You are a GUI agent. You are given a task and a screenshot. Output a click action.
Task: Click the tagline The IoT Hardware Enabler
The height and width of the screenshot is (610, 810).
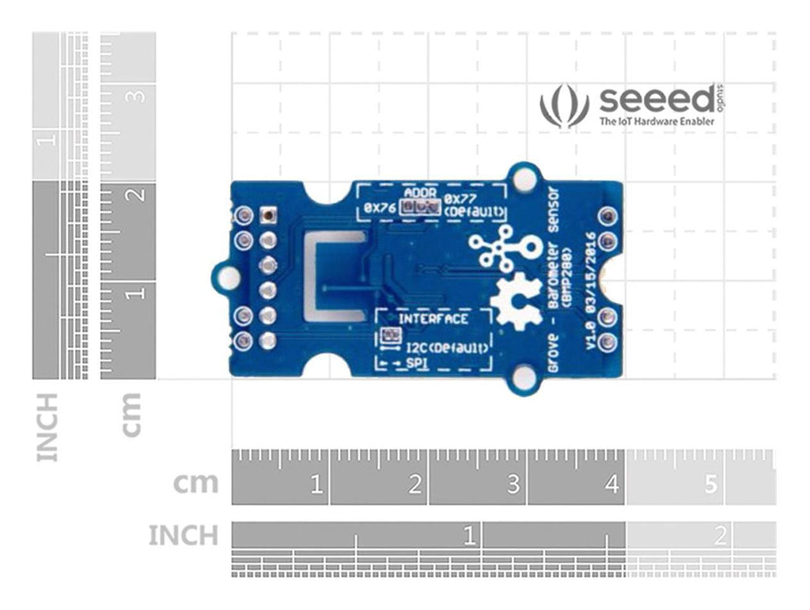click(657, 122)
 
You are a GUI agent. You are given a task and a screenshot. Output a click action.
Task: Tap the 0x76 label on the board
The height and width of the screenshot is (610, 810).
click(378, 208)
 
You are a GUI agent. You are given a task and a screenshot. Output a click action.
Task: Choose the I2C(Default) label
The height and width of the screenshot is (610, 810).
click(445, 348)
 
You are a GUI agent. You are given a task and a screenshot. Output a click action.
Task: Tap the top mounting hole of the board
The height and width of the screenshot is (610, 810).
click(523, 180)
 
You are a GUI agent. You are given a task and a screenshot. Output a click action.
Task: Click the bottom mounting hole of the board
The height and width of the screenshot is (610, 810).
click(524, 378)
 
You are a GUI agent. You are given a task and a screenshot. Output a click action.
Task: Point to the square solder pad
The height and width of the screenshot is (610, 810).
click(268, 214)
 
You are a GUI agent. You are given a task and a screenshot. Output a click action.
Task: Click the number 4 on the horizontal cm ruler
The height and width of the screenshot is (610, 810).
click(612, 484)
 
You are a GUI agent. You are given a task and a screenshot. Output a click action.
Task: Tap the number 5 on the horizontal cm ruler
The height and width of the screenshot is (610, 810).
click(710, 484)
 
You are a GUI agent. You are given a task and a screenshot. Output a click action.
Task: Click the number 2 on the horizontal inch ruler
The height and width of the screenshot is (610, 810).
click(720, 537)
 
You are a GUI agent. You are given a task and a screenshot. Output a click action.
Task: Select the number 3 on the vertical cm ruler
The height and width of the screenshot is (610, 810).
click(137, 96)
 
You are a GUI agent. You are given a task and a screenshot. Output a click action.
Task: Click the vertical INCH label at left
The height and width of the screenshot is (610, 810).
click(47, 427)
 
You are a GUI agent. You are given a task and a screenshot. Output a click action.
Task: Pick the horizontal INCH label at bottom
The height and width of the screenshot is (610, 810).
click(183, 536)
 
